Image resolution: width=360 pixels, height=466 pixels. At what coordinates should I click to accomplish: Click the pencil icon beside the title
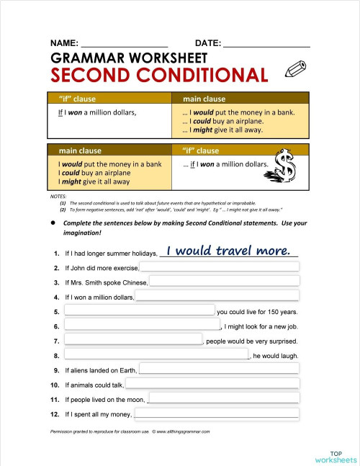[294, 70]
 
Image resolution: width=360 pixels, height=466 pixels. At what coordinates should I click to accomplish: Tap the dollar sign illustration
[285, 169]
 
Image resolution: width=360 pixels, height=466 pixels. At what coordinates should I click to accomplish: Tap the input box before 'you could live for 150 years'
[139, 311]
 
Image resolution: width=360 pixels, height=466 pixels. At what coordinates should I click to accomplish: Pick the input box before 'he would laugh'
[156, 354]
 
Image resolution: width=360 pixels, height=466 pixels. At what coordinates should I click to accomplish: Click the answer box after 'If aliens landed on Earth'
[218, 369]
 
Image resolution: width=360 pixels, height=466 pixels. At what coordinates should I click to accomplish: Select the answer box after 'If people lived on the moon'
[222, 398]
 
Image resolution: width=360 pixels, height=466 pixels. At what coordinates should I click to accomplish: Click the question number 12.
[55, 414]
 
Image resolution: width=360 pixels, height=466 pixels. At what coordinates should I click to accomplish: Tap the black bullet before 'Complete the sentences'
[53, 223]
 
